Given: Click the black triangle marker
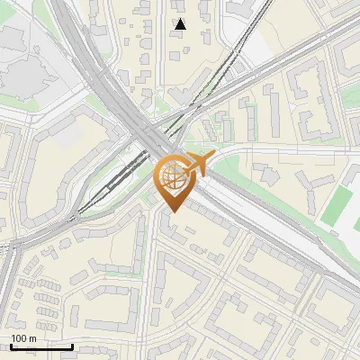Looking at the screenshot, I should (x=181, y=24).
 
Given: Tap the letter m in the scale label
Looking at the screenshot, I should (x=33, y=338).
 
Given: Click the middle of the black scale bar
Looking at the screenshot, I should (x=40, y=346).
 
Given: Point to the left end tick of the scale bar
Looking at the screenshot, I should (x=10, y=346).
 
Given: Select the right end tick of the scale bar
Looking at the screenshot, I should (x=72, y=346).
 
